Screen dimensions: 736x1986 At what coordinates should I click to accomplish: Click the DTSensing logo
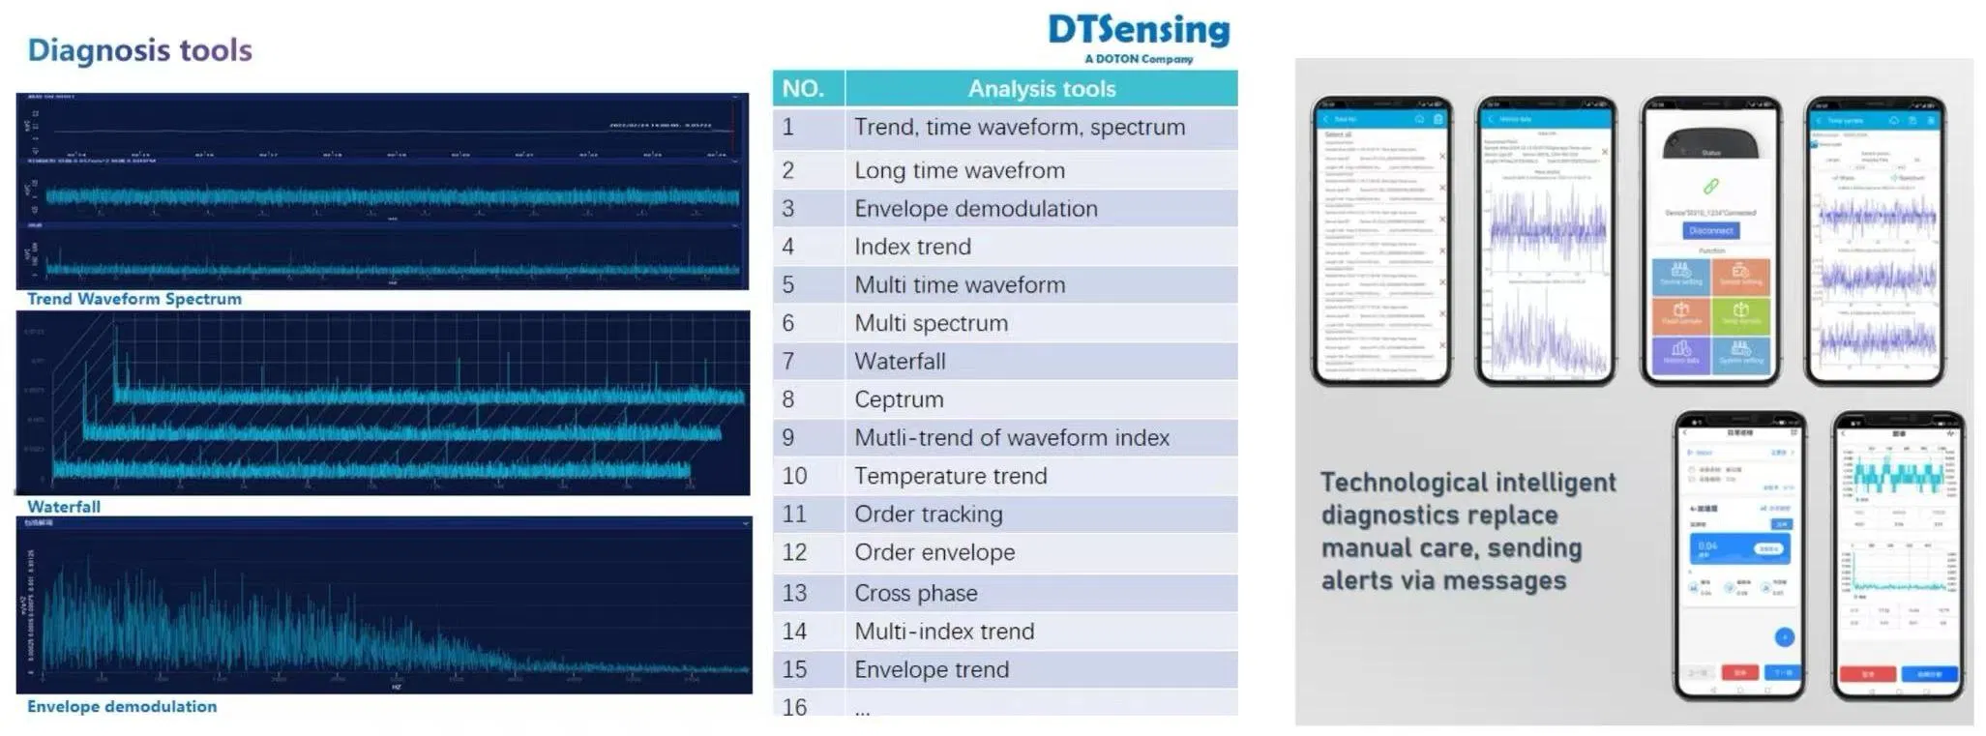[1139, 30]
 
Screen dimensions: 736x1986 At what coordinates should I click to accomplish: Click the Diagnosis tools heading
[139, 50]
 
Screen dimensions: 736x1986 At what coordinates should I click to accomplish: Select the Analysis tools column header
[1041, 89]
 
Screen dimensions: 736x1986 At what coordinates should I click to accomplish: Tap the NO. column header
[803, 89]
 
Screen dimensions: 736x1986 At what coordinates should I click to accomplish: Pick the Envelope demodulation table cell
[975, 209]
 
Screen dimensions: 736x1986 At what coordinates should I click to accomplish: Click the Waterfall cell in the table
[900, 362]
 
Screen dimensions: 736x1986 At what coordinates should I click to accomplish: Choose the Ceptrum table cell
[899, 399]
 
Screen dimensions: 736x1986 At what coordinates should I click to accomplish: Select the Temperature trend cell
[950, 476]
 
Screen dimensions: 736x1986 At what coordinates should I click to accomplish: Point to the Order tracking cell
[928, 515]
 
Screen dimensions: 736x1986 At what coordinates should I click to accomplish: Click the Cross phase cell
[915, 593]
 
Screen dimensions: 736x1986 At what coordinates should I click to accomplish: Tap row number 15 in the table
[794, 669]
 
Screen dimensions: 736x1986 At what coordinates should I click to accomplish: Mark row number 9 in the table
[788, 438]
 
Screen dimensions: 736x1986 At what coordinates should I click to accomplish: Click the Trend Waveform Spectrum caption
[134, 300]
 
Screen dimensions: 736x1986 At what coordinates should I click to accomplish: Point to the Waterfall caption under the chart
[64, 507]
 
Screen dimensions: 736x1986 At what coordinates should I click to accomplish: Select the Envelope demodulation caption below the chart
[122, 707]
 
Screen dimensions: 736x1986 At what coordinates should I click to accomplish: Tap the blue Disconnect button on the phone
[1710, 230]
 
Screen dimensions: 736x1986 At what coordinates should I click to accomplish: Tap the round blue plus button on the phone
[1785, 636]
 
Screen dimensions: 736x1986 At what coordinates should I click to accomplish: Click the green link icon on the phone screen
[1710, 186]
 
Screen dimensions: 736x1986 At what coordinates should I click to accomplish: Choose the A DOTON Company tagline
[1139, 59]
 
